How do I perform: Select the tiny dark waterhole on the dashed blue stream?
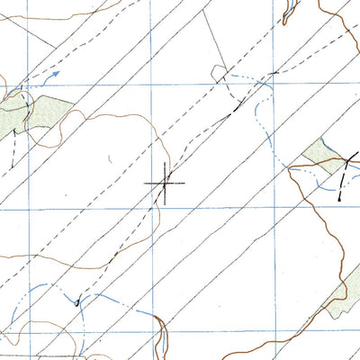coord(77,302)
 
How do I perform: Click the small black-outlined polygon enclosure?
coord(219,73)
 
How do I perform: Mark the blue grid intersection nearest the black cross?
coord(151,208)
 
